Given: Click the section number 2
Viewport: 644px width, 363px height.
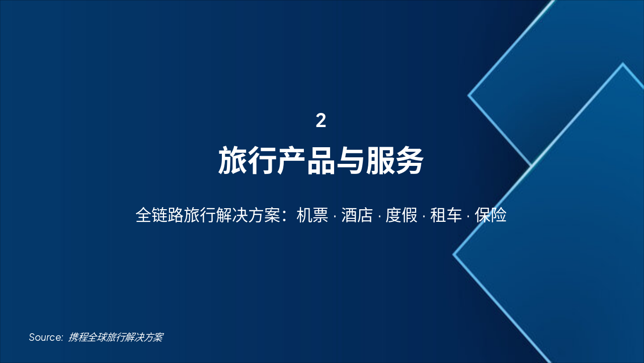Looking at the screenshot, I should [321, 121].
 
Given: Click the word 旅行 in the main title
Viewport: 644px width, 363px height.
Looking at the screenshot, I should [247, 161].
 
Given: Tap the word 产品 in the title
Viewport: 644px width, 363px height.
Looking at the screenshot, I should [306, 161].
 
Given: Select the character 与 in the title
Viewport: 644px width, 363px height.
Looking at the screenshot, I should [350, 161].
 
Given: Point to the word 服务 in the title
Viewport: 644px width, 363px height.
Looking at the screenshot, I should [394, 161].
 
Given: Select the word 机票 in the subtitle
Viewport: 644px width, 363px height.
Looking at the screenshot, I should [312, 215].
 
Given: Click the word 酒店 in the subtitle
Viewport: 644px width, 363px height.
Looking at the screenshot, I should [357, 215].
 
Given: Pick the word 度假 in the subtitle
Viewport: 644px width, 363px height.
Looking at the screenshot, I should [401, 215].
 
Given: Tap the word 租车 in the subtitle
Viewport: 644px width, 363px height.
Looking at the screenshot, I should [446, 215].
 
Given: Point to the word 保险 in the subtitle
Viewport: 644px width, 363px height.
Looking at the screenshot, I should [491, 215].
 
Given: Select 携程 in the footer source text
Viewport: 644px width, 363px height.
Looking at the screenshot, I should [78, 337].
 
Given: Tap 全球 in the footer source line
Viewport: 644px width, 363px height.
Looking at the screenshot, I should [97, 337].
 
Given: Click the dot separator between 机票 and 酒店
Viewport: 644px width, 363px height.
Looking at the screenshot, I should [335, 216].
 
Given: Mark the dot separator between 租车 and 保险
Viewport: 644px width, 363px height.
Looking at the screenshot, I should [468, 216].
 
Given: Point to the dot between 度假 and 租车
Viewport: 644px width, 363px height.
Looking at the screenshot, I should [424, 216].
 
